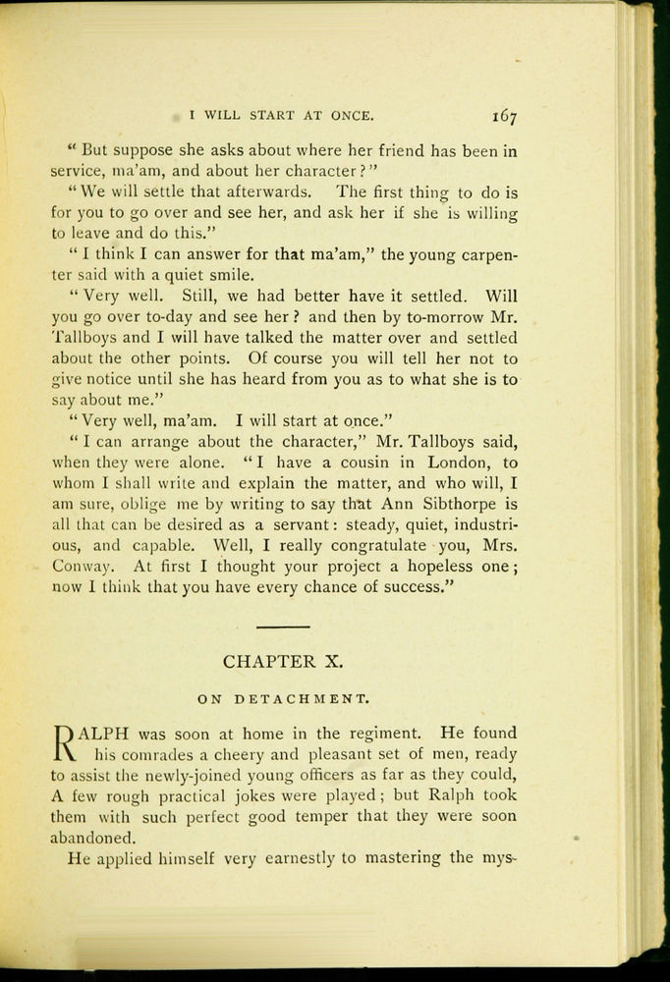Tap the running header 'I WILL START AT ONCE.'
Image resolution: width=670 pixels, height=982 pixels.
(x=281, y=116)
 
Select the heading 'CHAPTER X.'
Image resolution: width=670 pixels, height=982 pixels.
(x=283, y=661)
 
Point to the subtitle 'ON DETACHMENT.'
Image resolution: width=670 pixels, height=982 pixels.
(x=282, y=700)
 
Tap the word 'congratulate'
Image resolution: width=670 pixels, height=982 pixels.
(x=378, y=545)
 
